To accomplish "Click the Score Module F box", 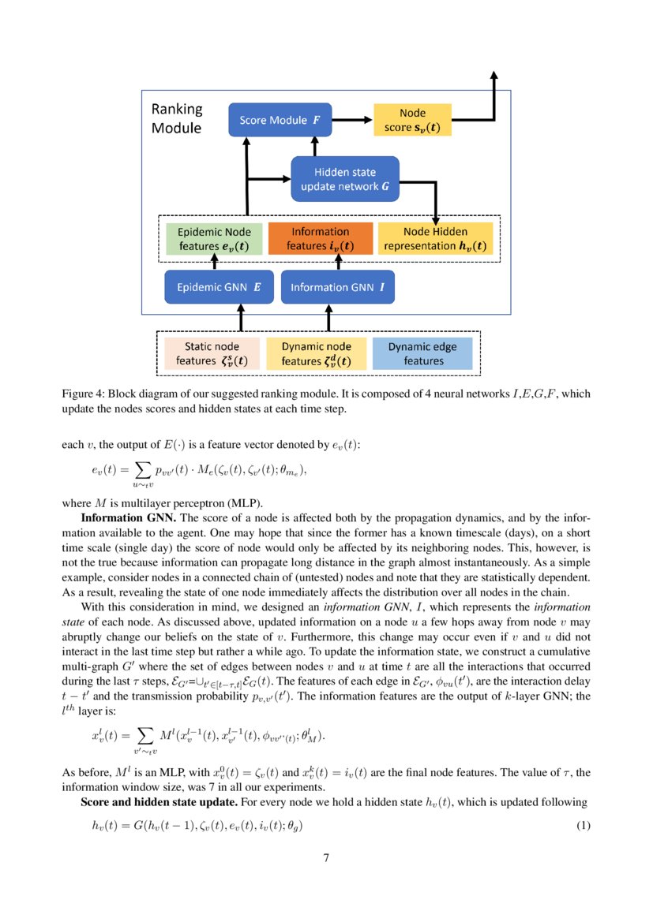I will coord(274,121).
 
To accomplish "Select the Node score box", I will coord(412,121).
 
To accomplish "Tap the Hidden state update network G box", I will coord(345,178).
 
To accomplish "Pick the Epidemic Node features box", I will coord(214,239).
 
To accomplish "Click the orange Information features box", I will coord(320,239).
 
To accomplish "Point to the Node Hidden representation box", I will coord(435,239).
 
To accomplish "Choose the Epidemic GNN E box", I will coord(219,288).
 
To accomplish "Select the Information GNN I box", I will coord(337,288).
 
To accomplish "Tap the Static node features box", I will coord(212,354).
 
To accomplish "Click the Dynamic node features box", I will coord(316,354).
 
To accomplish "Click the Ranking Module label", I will coord(176,118).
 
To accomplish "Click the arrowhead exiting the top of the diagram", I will coord(494,76).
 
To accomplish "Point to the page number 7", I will coord(326,858).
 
